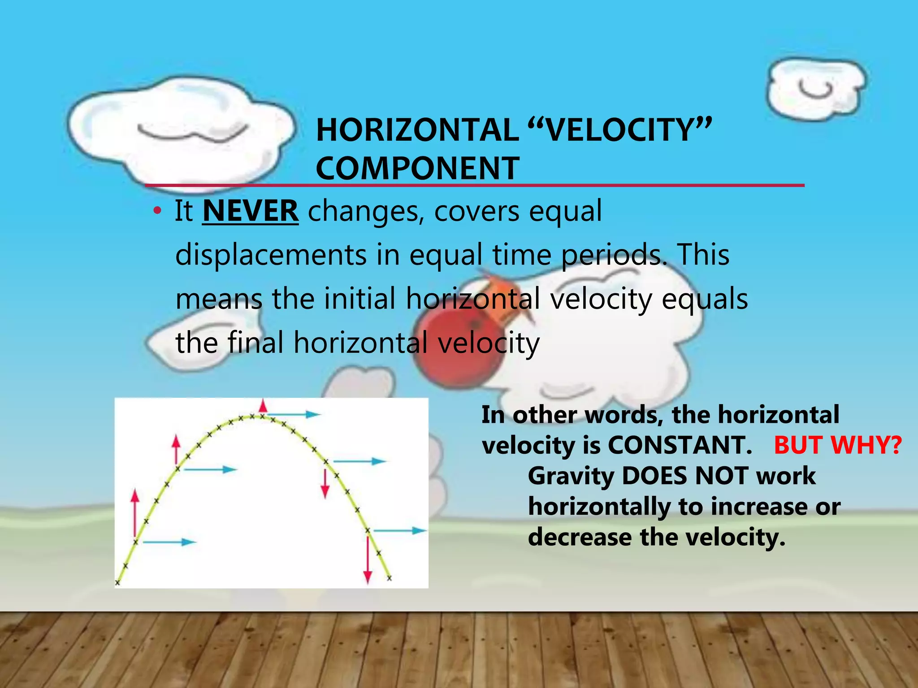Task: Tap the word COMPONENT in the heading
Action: pos(417,168)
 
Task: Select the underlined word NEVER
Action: pos(250,211)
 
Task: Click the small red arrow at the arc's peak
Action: pos(263,407)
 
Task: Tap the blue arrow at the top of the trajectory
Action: pos(294,414)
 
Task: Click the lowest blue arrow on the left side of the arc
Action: pos(169,542)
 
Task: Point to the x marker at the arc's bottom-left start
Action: pos(117,583)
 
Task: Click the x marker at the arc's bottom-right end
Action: pos(389,578)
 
